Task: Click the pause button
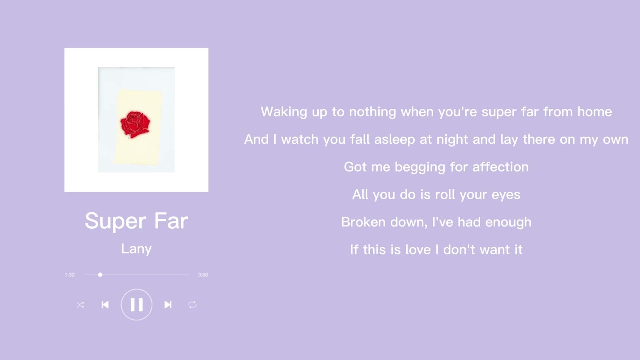click(136, 305)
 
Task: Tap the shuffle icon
click(80, 305)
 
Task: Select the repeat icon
click(192, 305)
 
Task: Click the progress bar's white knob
click(100, 275)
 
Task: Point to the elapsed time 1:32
click(70, 275)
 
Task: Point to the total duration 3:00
click(203, 275)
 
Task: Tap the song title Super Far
click(136, 221)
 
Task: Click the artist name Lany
click(136, 249)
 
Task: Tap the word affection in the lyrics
click(499, 167)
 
